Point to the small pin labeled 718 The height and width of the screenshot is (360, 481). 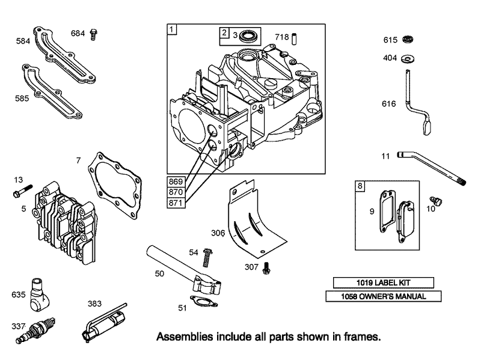(x=295, y=39)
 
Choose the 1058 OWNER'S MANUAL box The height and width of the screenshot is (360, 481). (x=383, y=296)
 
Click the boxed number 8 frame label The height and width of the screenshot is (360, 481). (x=360, y=186)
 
